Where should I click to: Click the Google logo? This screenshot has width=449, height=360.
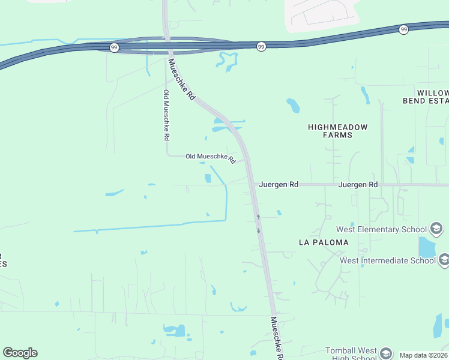tap(20, 353)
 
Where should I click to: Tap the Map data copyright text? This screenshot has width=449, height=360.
tap(424, 355)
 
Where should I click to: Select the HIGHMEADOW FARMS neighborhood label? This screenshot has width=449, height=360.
tap(337, 131)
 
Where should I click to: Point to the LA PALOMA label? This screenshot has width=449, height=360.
tap(324, 242)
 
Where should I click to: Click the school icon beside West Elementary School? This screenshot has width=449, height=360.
tap(437, 229)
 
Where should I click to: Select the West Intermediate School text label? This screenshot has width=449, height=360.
tap(388, 260)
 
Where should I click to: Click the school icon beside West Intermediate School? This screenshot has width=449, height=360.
tap(444, 260)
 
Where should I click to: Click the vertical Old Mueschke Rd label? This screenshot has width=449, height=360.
tap(166, 115)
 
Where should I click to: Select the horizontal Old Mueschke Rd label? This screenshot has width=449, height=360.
tap(209, 157)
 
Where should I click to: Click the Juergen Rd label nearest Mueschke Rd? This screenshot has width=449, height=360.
tap(279, 185)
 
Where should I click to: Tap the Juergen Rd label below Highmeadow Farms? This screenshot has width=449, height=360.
tap(358, 185)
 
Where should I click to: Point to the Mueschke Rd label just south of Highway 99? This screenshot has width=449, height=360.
tap(182, 79)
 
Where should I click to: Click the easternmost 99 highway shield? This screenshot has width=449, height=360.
tap(403, 29)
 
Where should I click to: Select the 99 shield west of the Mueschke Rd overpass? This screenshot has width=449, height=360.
tap(115, 47)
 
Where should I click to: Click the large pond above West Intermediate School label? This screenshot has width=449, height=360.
tap(426, 246)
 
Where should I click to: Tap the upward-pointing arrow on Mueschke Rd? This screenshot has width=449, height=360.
tap(258, 216)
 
